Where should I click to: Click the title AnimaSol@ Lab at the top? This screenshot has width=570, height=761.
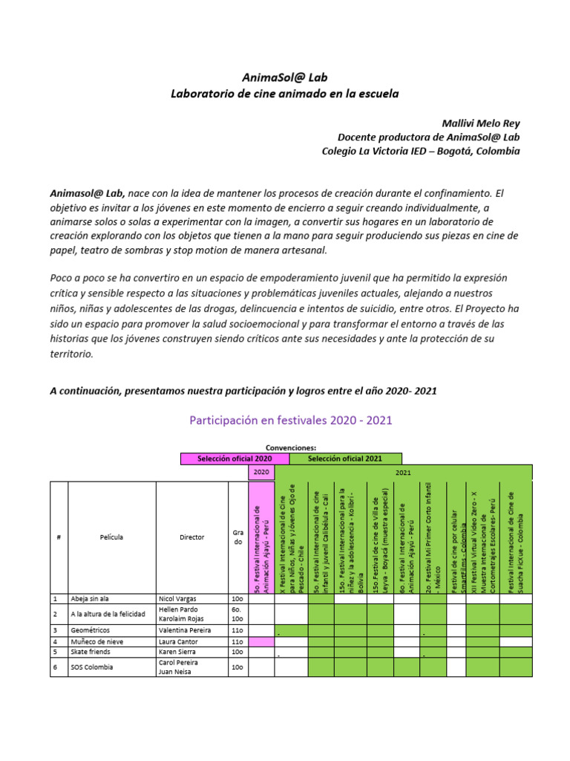coord(284,77)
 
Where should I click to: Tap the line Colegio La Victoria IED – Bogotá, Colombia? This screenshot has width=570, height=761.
coord(420,151)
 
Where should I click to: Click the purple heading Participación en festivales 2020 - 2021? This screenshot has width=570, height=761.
coord(290,421)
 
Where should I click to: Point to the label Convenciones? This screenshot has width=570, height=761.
coord(291,448)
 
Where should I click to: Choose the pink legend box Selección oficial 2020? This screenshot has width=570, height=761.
coord(235,459)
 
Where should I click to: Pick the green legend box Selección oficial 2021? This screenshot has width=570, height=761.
coord(345,459)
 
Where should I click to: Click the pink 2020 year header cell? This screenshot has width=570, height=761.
coord(261,473)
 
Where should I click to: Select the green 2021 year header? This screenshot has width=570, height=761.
coord(403,473)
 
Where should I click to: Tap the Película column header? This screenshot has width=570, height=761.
coord(111,537)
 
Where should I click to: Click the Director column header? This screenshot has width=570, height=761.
coord(191,537)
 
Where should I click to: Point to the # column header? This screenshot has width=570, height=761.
coord(59,537)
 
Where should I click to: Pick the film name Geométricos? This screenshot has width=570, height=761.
coord(92,630)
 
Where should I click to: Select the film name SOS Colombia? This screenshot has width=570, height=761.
coord(92,667)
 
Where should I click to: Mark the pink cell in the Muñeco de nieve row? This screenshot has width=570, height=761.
coord(261,641)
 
